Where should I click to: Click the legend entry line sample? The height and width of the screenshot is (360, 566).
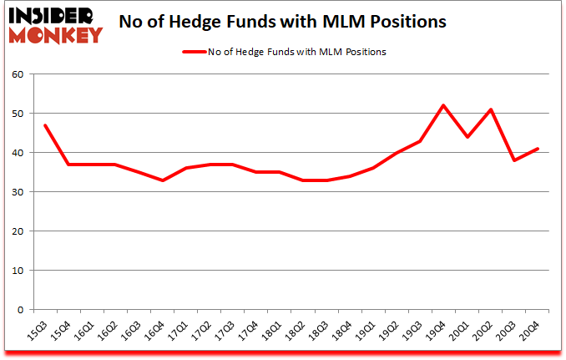click(193, 52)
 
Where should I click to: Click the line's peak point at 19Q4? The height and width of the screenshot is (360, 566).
click(442, 105)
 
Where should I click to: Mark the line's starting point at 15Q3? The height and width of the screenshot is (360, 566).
click(44, 124)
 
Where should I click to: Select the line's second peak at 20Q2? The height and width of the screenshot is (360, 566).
click(490, 109)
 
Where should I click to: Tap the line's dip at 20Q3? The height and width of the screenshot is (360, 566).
click(514, 160)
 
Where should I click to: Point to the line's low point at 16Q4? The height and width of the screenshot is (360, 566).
click(164, 180)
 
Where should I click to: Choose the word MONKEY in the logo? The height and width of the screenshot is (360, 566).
click(57, 34)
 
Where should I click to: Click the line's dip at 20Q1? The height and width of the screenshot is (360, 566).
click(467, 137)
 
